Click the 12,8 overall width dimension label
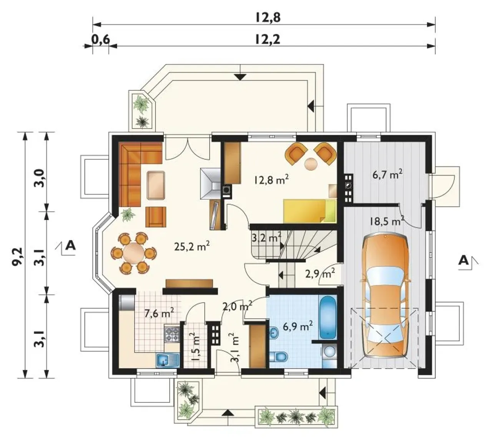(x=268, y=18)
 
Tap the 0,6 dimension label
(x=101, y=39)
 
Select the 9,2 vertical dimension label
(x=19, y=257)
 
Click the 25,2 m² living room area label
(x=192, y=247)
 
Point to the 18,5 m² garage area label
(x=387, y=221)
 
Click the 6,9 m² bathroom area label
(x=298, y=326)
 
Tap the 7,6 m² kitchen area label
(x=159, y=313)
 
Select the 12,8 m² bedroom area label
(x=271, y=180)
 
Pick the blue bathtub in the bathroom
(x=328, y=317)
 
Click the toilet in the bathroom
(x=278, y=357)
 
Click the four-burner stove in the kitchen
(x=172, y=334)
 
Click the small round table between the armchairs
(x=311, y=164)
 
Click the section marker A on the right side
(x=463, y=261)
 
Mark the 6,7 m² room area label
(x=387, y=174)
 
